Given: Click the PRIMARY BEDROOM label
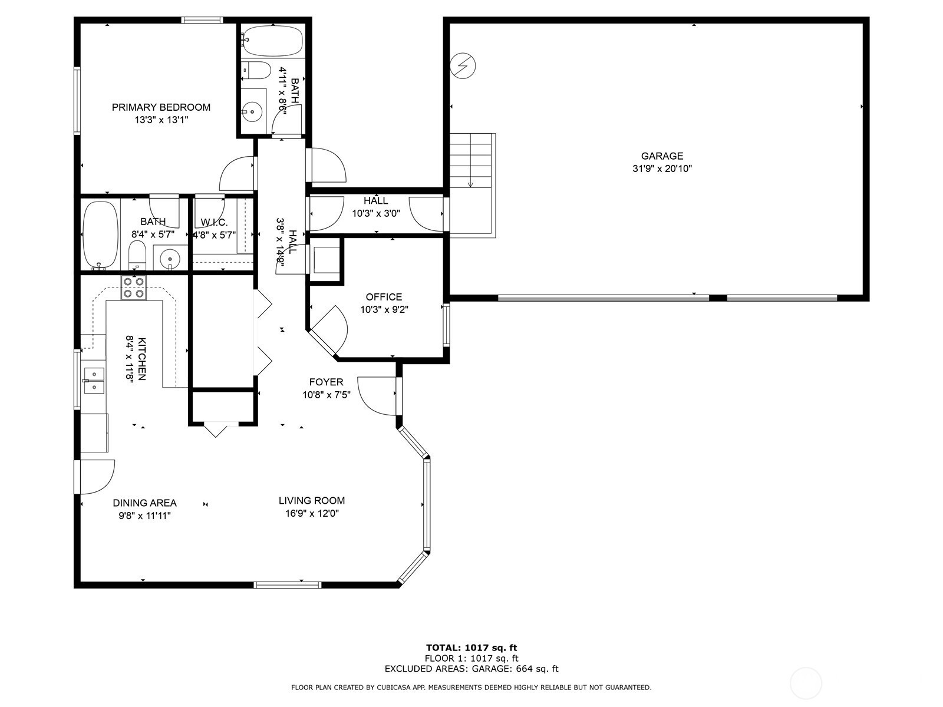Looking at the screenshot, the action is pos(161,107).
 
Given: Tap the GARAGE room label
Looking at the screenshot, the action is pos(662,156).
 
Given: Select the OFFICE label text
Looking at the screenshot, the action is pos(384,297).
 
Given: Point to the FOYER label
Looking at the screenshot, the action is pos(326,382).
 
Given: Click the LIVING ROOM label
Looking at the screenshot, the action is pos(311,501).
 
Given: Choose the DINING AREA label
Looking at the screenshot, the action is pos(145,503).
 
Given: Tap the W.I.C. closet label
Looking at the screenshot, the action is pos(214,222).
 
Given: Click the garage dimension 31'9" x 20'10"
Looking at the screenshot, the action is pos(662,169).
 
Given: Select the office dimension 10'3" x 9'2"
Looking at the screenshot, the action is pos(384,309).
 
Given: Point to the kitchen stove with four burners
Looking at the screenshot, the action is pos(134,288).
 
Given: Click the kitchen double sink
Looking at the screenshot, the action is pos(94,381).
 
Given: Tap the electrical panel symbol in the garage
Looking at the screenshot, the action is pos(463,66).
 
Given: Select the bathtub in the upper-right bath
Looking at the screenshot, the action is pos(272,41).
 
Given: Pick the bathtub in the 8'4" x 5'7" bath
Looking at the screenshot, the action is pos(99,236).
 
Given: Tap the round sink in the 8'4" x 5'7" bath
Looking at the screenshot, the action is pos(170,259).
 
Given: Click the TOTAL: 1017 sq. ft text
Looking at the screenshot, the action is pos(471,647).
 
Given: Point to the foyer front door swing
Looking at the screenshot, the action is pos(377,396).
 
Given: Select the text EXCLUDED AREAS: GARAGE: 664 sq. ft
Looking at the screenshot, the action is pos(471,668).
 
